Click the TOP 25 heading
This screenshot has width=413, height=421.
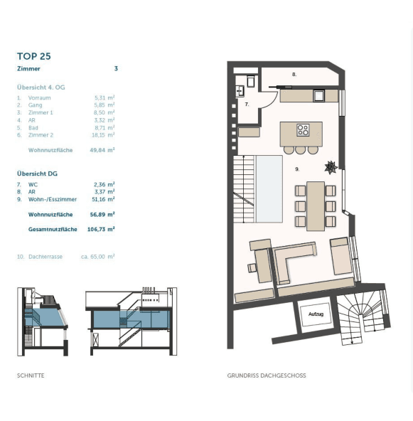point(34,56)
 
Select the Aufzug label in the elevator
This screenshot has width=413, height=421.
point(316,314)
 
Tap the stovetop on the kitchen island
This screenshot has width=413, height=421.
point(303,130)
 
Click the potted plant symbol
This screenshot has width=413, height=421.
point(331,168)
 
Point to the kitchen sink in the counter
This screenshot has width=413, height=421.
point(318,96)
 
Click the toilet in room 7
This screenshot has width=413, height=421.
point(251,81)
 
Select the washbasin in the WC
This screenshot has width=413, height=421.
point(240,91)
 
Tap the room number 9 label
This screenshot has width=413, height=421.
point(297,169)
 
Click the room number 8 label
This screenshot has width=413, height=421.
point(294,75)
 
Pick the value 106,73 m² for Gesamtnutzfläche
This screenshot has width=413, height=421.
point(101,229)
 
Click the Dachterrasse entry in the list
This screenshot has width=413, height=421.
point(45,257)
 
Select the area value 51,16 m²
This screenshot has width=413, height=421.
point(103,199)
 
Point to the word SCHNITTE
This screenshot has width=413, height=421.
point(31,375)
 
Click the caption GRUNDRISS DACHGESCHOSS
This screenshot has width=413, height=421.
point(267,375)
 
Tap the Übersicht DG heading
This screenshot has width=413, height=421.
point(37,174)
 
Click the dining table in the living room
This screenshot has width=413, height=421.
point(316,206)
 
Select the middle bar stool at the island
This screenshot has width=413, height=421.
point(300,150)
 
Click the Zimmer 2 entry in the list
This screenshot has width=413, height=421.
point(41,135)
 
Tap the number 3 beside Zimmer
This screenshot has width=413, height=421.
point(116,68)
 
